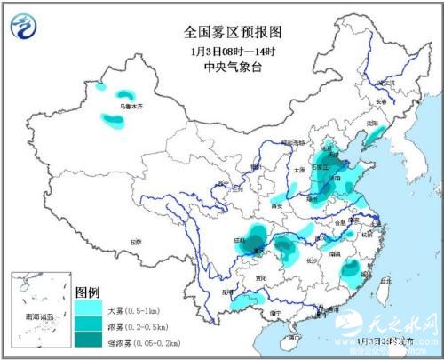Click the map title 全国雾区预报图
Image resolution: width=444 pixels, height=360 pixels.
[x=233, y=31]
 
